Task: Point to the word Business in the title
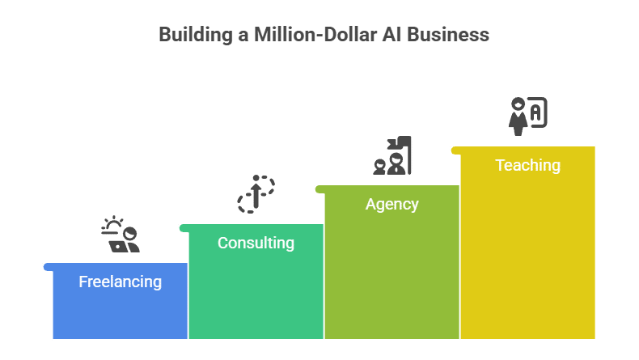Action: (x=450, y=35)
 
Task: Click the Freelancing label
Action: (x=120, y=282)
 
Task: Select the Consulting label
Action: (x=256, y=243)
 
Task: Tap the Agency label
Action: (x=391, y=204)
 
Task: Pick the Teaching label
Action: (x=527, y=165)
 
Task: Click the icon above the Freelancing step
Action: (x=121, y=235)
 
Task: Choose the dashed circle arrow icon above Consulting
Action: (x=256, y=194)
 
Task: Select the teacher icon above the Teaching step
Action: (x=527, y=115)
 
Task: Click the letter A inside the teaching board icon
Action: (x=535, y=112)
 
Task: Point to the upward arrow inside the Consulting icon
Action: (x=256, y=194)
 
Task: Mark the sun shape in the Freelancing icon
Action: (x=113, y=222)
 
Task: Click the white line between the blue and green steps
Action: (x=188, y=300)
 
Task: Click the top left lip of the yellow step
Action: (x=455, y=149)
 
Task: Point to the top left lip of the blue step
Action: (x=47, y=265)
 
